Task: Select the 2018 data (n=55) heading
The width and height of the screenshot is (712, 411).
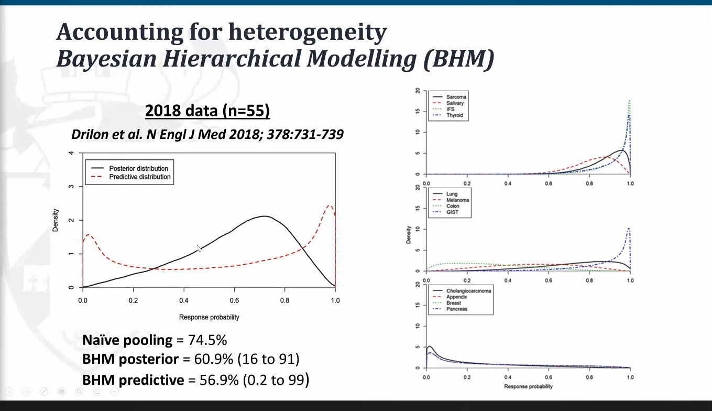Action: tap(207, 111)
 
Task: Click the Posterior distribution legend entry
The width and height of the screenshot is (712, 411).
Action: tap(139, 168)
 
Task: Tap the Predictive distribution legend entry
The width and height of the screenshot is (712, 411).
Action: tap(140, 177)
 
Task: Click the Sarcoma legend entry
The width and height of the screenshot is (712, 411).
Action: tap(456, 97)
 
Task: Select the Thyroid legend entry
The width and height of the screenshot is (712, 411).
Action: tap(454, 115)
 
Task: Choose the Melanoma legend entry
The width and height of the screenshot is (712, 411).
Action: tap(457, 200)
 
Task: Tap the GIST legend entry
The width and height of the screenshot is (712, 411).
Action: tap(453, 212)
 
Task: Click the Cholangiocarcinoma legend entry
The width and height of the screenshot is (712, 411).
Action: tap(468, 291)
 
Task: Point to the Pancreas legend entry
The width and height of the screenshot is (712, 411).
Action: tap(457, 309)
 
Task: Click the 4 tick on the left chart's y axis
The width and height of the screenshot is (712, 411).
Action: tap(71, 153)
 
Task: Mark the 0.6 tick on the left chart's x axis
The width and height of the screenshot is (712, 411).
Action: tap(234, 301)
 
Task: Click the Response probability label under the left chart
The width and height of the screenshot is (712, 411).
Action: tap(209, 317)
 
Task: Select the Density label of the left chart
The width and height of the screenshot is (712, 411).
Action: tap(56, 220)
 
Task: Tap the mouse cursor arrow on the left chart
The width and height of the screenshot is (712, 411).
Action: tap(199, 248)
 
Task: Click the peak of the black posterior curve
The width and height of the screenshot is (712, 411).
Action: tap(265, 216)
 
